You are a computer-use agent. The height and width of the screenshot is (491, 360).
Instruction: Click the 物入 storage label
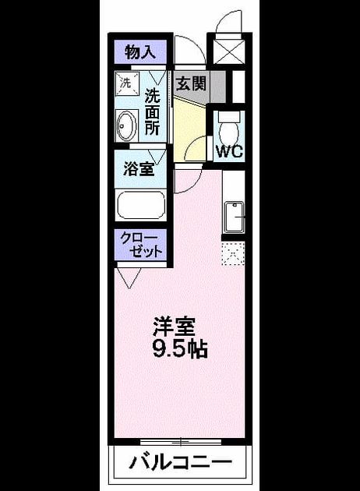[140, 52]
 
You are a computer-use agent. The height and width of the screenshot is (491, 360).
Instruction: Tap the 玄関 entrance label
[191, 83]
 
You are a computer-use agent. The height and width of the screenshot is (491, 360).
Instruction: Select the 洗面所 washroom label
[152, 112]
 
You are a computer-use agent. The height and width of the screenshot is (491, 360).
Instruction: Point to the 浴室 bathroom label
[139, 169]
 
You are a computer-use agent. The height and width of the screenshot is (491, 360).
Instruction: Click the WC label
[229, 151]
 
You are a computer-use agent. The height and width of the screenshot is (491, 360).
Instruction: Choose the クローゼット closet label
[142, 245]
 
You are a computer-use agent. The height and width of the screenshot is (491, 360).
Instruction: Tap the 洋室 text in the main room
[174, 327]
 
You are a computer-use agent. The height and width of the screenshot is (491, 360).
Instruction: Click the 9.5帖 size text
[180, 349]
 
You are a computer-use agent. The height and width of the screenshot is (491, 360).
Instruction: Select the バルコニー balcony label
[181, 461]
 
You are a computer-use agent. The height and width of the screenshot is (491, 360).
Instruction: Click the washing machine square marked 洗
[127, 83]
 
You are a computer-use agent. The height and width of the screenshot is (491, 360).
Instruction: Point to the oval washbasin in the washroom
[126, 125]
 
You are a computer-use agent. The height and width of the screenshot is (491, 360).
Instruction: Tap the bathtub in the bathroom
[140, 205]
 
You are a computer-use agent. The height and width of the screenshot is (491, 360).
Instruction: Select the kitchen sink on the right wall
[235, 217]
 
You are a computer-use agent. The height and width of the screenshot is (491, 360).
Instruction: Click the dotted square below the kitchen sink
[233, 254]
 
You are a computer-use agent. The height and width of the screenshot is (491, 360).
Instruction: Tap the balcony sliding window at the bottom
[181, 442]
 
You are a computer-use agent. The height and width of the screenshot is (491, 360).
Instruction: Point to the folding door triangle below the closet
[129, 277]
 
